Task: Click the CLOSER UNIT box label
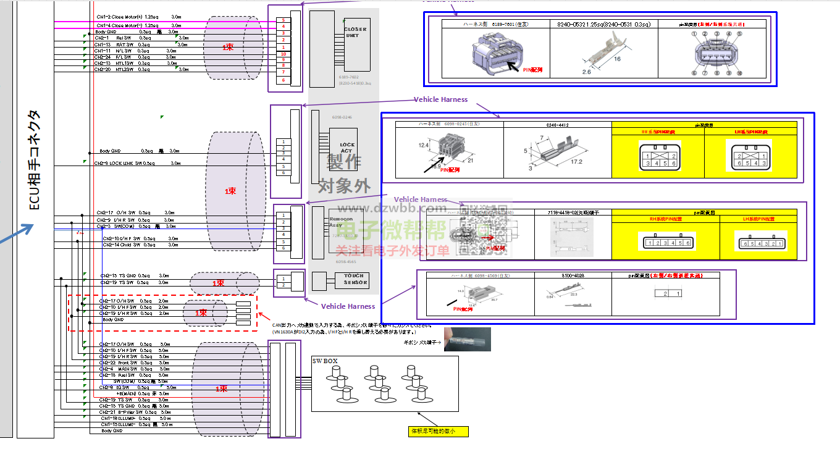(x=355, y=32)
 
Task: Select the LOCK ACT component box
(x=347, y=148)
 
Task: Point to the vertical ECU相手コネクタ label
(x=35, y=160)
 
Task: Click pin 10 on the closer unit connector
(x=283, y=54)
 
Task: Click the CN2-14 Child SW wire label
(x=124, y=245)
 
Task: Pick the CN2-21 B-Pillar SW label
(x=130, y=412)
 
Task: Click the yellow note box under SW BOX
(x=438, y=431)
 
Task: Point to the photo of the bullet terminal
(x=468, y=339)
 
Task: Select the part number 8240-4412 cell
(x=558, y=125)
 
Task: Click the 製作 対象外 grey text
(x=344, y=174)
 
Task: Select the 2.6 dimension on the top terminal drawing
(x=586, y=72)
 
